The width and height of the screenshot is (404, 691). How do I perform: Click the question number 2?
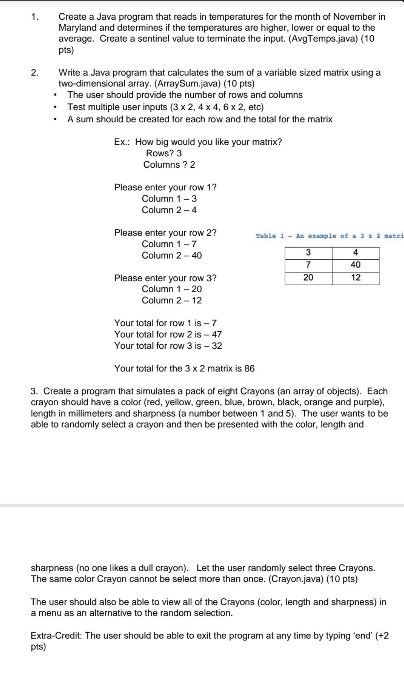(35, 72)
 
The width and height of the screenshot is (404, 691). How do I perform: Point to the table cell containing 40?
(356, 265)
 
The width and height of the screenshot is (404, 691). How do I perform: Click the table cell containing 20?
(308, 278)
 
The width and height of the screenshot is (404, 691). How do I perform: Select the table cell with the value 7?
(308, 265)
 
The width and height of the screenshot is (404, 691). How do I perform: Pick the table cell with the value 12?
(356, 278)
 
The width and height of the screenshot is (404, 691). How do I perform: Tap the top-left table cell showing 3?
(308, 252)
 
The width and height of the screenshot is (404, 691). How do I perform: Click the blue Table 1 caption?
(329, 236)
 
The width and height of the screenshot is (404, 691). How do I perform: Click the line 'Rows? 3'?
(164, 153)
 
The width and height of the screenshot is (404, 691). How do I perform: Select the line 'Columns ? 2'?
(169, 165)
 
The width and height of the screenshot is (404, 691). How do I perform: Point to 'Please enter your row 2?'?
(165, 232)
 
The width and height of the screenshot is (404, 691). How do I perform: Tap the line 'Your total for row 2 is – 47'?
(168, 334)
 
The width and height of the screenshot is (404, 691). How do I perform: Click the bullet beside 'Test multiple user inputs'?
(56, 107)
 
